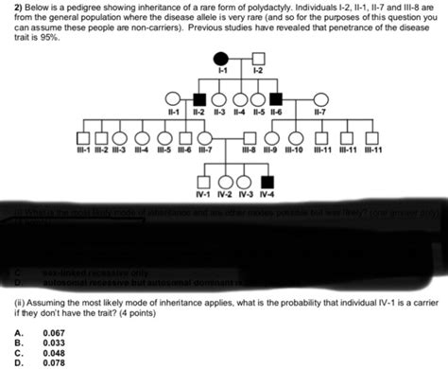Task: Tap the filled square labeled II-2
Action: click(199, 98)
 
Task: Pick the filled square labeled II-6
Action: click(276, 98)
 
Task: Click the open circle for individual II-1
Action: click(172, 98)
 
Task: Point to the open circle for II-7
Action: click(321, 98)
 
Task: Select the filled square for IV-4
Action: click(267, 181)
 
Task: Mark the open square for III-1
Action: click(81, 138)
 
